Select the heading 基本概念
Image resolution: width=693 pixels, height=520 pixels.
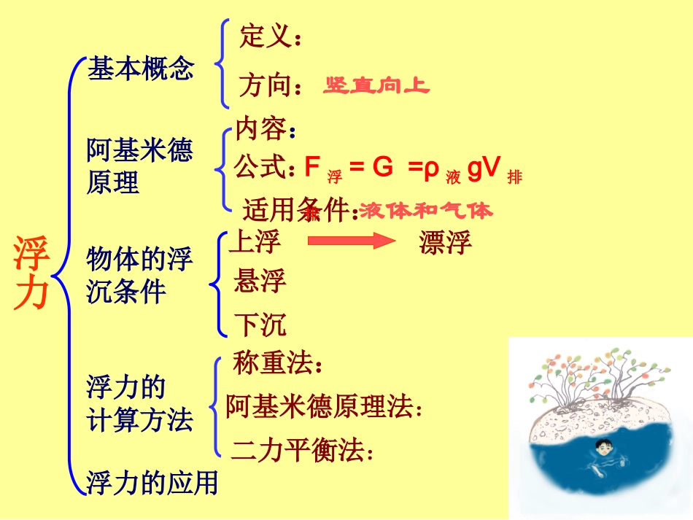pyautogui.click(x=141, y=69)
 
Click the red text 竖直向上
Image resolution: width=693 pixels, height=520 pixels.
pyautogui.click(x=376, y=86)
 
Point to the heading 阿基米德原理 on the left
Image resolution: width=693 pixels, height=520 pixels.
pyautogui.click(x=139, y=166)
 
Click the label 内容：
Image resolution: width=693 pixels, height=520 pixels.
pyautogui.click(x=266, y=131)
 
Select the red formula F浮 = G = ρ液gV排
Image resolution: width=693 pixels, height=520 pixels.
pyautogui.click(x=413, y=169)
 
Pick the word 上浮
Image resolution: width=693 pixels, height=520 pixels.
pyautogui.click(x=255, y=241)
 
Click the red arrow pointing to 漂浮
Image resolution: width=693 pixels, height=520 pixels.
pyautogui.click(x=350, y=241)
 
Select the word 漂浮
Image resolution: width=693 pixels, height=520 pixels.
pyautogui.click(x=445, y=242)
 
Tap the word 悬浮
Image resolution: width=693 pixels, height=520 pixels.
pyautogui.click(x=260, y=281)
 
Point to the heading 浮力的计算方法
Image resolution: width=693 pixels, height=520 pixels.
pyautogui.click(x=139, y=403)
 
